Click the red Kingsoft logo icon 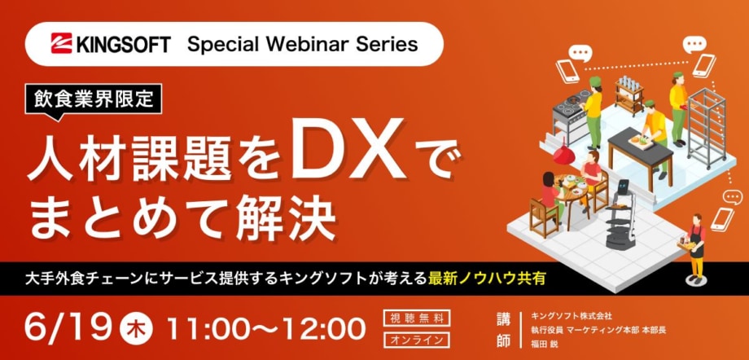click(62, 43)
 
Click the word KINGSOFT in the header click(122, 44)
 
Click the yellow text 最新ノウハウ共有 click(487, 279)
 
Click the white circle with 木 click(137, 329)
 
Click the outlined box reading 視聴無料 click(417, 318)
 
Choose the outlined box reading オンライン click(417, 340)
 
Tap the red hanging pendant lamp click(564, 152)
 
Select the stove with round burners click(570, 114)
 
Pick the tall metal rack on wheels click(707, 127)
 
